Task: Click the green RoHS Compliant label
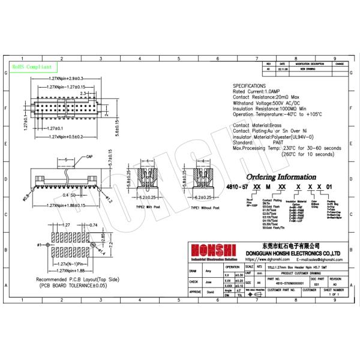32,67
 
